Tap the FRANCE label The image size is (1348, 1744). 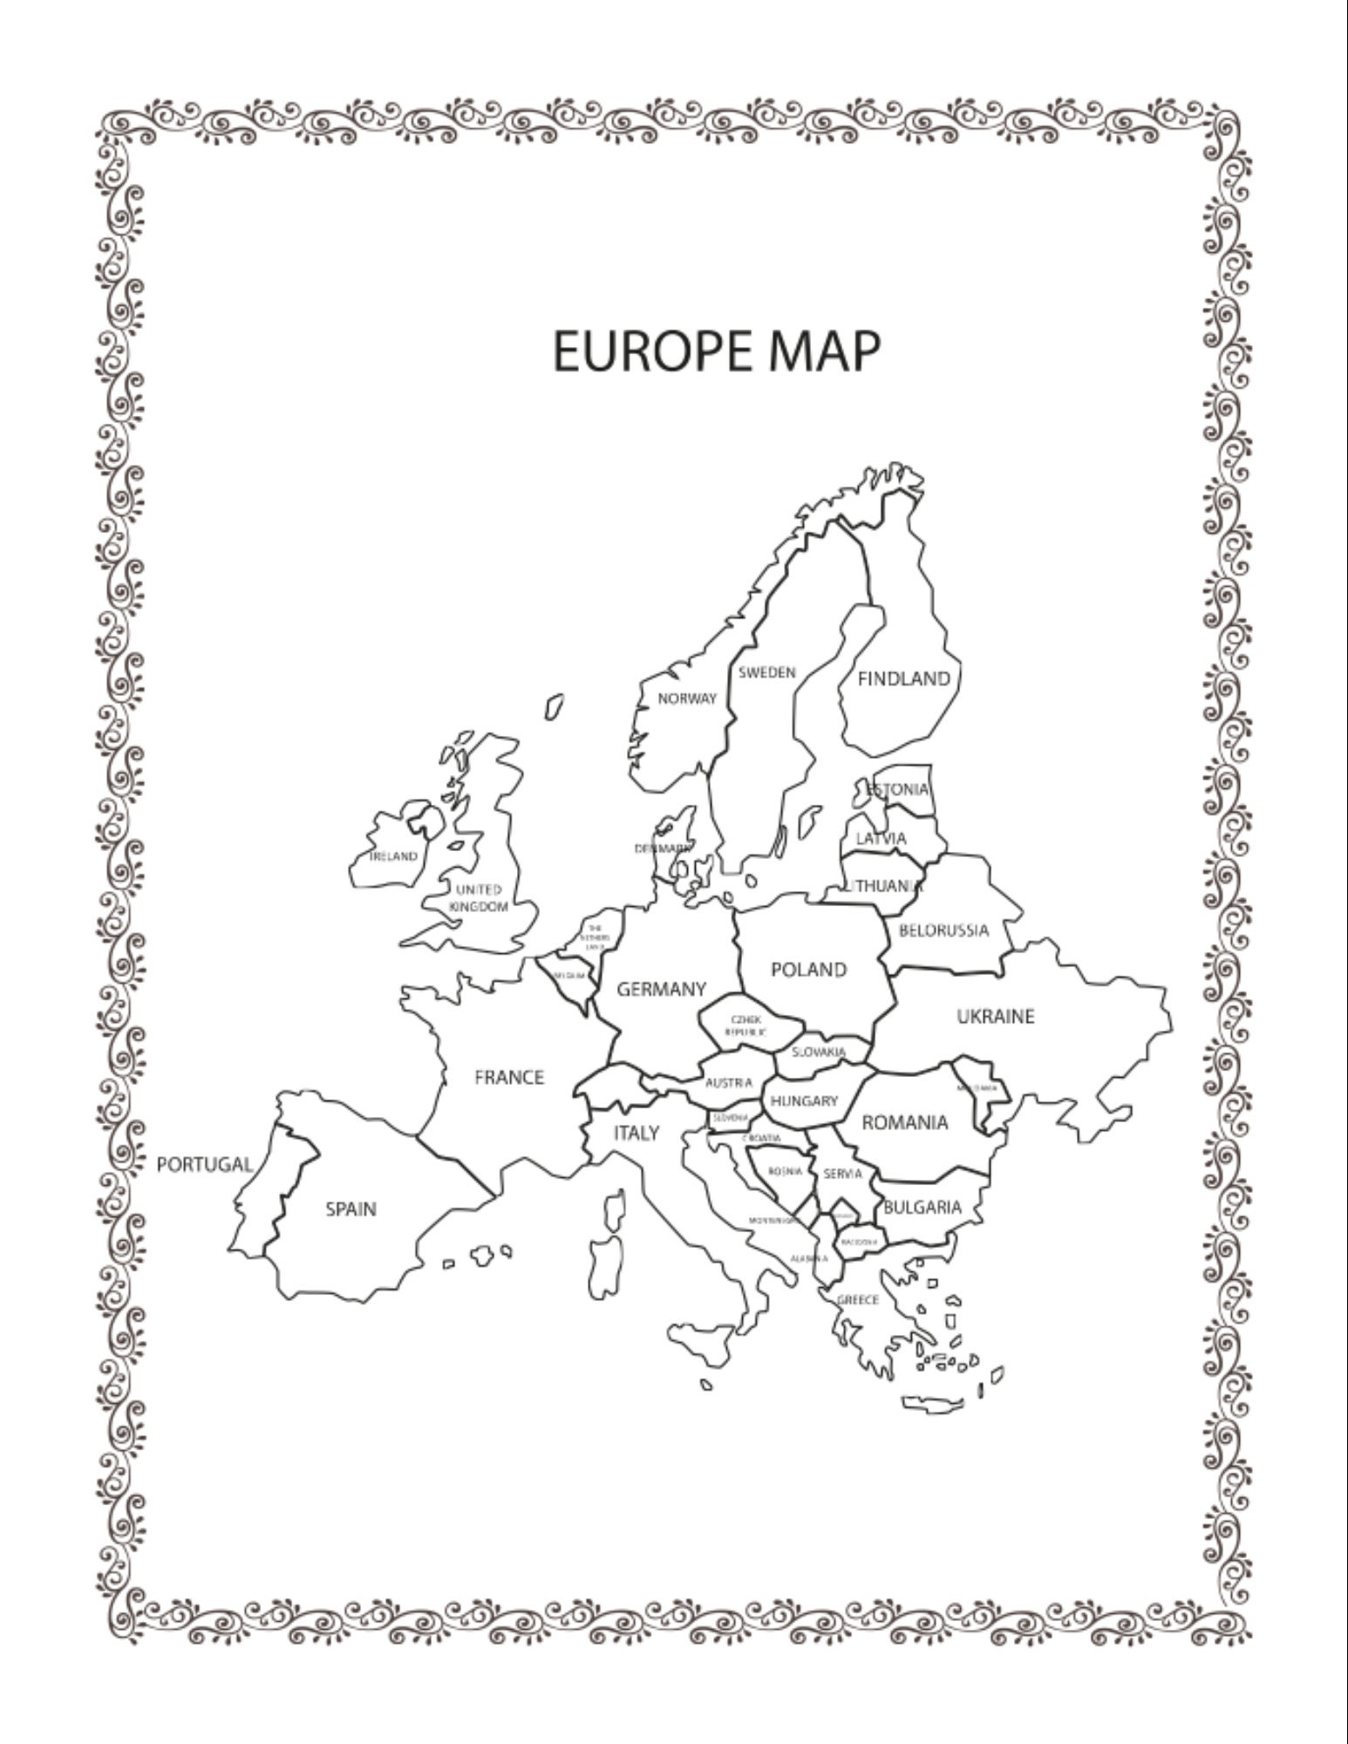point(509,1078)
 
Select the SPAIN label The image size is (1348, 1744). point(351,1209)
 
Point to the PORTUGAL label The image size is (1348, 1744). point(205,1164)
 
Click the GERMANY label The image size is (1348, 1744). point(662,990)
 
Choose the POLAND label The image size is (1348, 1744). point(809,970)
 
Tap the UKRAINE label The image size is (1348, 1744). point(996,1017)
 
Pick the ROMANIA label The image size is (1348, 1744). point(904,1123)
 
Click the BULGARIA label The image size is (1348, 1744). point(922,1208)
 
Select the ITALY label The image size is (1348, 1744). point(637,1134)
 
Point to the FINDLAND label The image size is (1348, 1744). point(904,679)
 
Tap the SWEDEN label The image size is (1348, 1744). point(767,673)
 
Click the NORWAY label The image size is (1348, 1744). point(687,698)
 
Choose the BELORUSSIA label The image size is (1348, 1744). point(944,930)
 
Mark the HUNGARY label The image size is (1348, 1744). point(804,1101)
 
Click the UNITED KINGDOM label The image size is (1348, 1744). point(479,898)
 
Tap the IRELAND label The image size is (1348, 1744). point(394,856)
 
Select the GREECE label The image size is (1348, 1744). point(859,1300)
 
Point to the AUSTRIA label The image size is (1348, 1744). point(729,1083)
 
